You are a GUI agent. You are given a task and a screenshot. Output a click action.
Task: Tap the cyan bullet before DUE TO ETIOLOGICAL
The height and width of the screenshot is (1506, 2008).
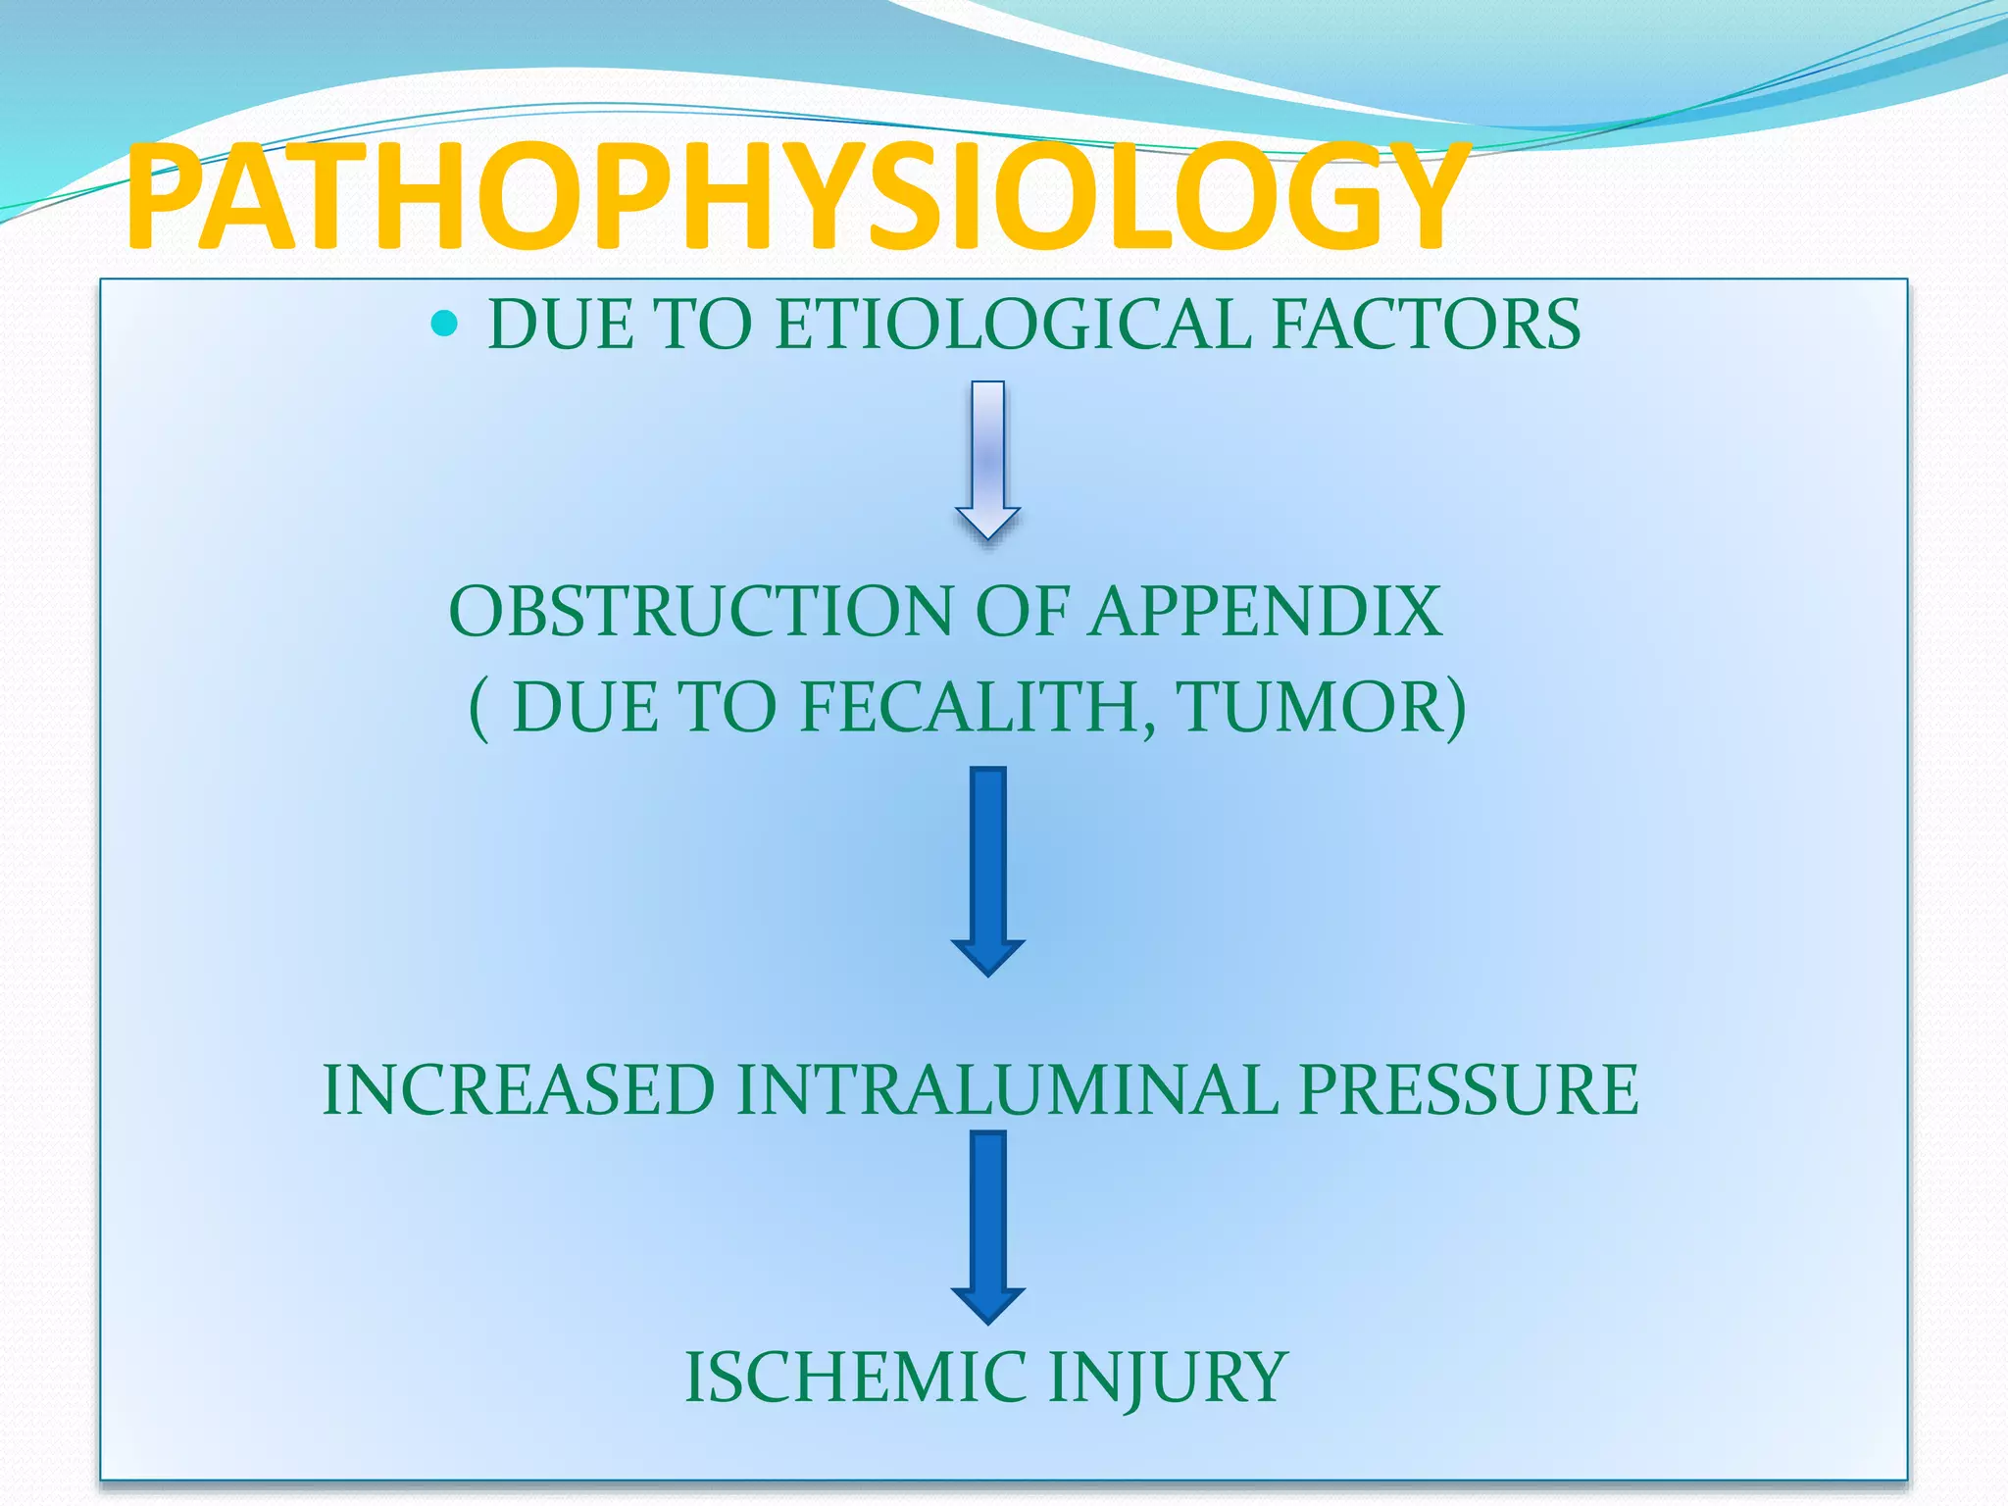tap(444, 323)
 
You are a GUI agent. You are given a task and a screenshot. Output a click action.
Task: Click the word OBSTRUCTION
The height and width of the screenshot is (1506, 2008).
tap(700, 612)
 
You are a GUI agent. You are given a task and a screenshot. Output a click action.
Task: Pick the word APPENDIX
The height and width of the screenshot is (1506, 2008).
tap(1266, 612)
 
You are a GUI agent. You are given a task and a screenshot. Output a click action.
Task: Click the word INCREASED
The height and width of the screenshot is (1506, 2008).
tap(519, 1089)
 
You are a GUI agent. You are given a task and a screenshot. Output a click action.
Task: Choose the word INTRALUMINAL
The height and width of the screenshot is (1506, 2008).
tap(1008, 1089)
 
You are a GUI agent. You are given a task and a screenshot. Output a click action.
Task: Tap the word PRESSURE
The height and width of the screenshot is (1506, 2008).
tap(1469, 1089)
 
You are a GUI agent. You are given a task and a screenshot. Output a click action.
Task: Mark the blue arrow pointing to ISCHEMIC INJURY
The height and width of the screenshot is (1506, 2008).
tap(988, 1226)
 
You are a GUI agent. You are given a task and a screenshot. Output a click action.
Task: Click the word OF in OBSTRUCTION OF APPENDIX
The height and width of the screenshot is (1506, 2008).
tap(1021, 612)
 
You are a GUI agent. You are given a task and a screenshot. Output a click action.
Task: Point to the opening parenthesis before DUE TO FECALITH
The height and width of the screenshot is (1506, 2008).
tap(478, 708)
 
